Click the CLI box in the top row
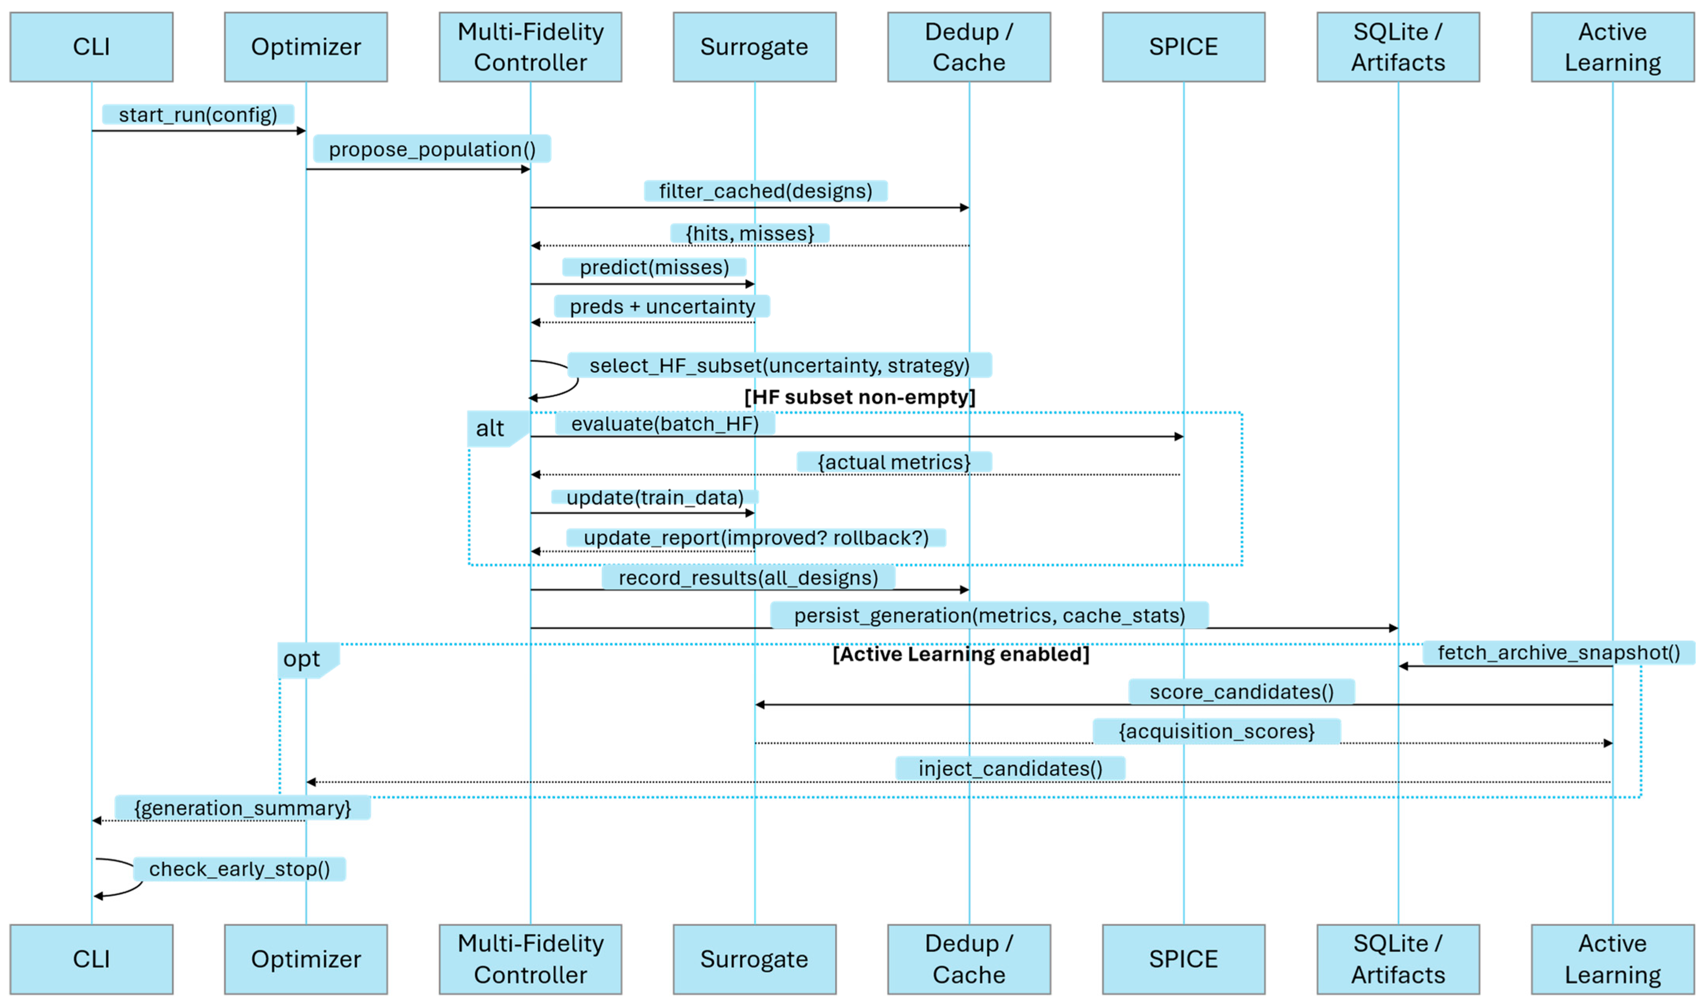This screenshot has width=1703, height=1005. (91, 47)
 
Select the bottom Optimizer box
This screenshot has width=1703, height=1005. (306, 959)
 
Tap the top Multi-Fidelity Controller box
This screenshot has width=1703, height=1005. (530, 47)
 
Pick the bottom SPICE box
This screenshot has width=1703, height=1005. (1183, 959)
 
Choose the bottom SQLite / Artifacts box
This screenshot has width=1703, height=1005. (1398, 959)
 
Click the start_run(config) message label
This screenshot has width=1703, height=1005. (198, 114)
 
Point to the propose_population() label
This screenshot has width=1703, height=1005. (432, 149)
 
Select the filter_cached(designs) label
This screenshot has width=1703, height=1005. (765, 191)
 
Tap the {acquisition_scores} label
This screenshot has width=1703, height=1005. (1216, 731)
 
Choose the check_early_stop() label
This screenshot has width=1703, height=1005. (240, 869)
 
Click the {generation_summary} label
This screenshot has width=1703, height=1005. (242, 808)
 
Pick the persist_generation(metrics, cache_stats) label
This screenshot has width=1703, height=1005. (989, 616)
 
